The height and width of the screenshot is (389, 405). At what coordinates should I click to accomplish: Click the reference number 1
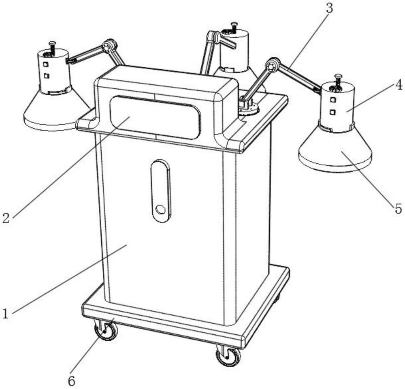5,314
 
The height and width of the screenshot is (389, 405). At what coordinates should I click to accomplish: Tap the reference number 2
6,218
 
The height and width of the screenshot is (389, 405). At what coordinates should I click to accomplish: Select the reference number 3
329,8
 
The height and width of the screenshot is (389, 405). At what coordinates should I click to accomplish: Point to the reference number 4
399,85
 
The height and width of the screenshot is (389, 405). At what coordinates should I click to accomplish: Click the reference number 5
399,208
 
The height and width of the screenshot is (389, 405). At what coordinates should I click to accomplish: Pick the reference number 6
71,381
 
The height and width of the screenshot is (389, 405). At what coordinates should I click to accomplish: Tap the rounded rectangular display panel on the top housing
155,117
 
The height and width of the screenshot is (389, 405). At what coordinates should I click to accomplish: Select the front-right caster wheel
228,357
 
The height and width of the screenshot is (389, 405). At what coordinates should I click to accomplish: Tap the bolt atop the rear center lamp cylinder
234,28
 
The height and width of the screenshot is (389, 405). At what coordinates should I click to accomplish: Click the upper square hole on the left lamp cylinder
45,64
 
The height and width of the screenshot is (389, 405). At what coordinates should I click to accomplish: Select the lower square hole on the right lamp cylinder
333,112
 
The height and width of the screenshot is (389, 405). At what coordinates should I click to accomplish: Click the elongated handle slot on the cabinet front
161,191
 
